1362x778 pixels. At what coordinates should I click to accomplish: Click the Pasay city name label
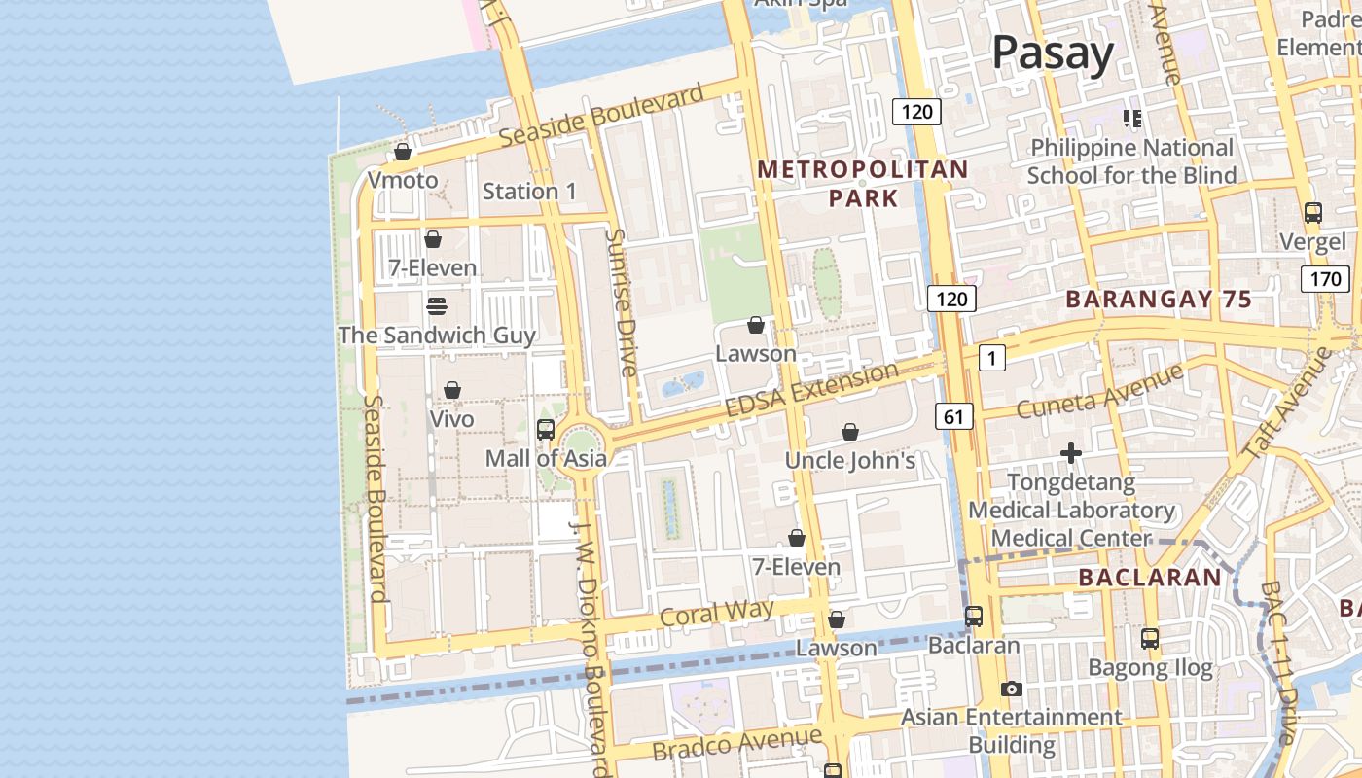pos(1053,53)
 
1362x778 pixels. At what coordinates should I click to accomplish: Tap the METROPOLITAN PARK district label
pos(863,184)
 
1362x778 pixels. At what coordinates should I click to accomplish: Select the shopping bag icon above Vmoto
pos(403,153)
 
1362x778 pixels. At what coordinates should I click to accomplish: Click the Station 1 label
pos(529,191)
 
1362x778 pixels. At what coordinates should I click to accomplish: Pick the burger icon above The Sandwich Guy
pos(437,306)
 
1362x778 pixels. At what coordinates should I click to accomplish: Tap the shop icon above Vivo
pos(452,391)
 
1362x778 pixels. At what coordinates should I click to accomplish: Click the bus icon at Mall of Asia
pos(546,429)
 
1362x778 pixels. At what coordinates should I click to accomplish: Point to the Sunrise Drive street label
pos(622,302)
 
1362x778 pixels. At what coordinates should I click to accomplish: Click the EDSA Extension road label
pos(812,390)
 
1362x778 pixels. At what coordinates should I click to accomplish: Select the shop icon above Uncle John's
pos(850,432)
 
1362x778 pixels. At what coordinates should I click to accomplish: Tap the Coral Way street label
pos(717,614)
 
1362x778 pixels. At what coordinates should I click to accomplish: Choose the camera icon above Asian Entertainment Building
pos(1012,690)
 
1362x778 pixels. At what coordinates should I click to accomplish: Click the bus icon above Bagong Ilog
pos(1150,639)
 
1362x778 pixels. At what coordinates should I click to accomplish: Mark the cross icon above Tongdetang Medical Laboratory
pos(1071,453)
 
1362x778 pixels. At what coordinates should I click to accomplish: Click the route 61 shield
pos(953,417)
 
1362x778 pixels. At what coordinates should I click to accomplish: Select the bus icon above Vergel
pos(1313,213)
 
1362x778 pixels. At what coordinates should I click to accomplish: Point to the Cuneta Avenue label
pos(1099,391)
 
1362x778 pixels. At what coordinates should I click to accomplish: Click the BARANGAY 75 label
pos(1159,300)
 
